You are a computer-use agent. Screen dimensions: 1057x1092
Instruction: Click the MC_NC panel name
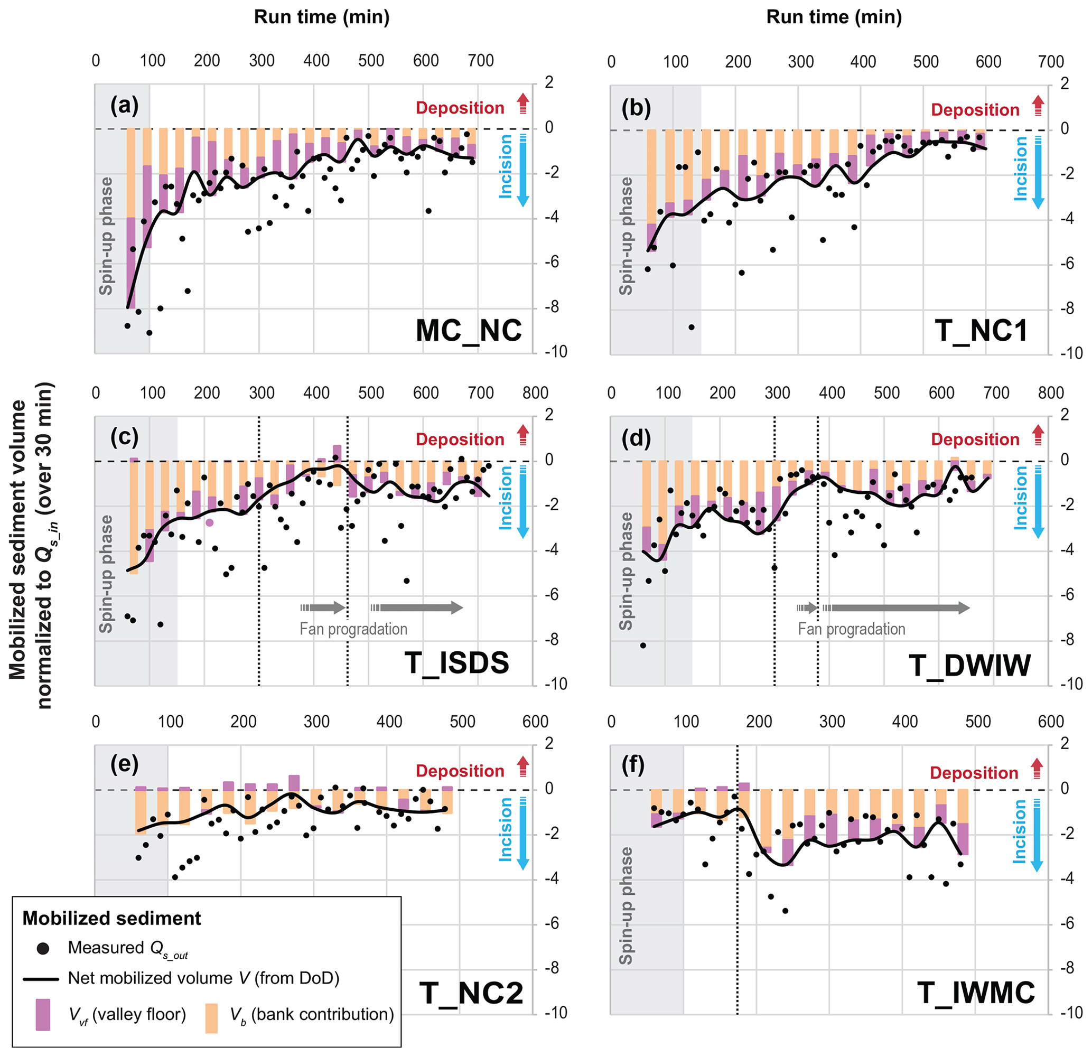click(x=469, y=331)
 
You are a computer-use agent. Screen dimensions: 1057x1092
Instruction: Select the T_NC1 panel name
click(x=981, y=331)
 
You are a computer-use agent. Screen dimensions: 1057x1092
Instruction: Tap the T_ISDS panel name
click(x=457, y=662)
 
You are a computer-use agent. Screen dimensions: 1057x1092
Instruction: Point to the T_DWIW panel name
click(x=969, y=665)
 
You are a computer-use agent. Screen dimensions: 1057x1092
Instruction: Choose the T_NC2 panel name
click(x=471, y=993)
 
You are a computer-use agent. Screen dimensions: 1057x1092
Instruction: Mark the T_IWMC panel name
click(x=976, y=993)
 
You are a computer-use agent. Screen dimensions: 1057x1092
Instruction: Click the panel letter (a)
click(x=124, y=105)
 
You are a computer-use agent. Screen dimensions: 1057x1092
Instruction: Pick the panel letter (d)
click(x=636, y=438)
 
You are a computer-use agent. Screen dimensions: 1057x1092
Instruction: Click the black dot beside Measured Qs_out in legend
click(x=42, y=948)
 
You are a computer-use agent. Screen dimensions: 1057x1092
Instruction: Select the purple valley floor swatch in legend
click(x=42, y=1014)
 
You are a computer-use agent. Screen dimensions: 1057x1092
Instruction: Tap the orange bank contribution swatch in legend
click(x=212, y=1018)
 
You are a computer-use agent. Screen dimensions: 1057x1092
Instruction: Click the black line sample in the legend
click(x=41, y=979)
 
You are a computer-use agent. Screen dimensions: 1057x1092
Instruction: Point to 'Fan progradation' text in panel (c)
click(x=353, y=629)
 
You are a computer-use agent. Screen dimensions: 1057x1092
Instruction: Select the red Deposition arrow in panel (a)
click(x=522, y=104)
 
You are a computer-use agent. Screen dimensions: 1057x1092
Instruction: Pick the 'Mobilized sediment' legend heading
click(x=111, y=918)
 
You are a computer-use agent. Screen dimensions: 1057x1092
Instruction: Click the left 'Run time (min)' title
click(x=321, y=17)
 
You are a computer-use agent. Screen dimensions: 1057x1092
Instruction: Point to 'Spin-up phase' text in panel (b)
click(x=626, y=236)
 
